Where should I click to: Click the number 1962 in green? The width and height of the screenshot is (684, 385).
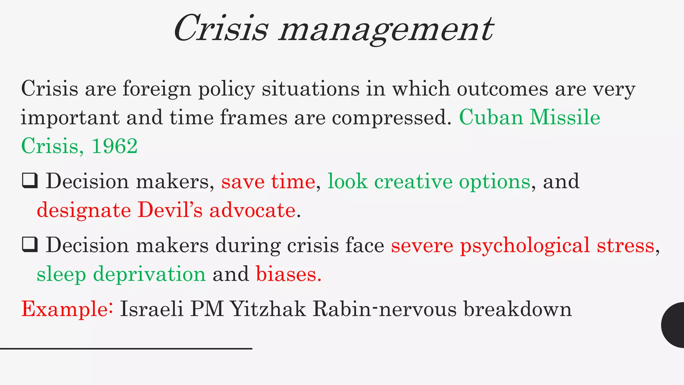[114, 146]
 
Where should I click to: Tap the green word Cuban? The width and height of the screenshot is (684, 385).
[491, 118]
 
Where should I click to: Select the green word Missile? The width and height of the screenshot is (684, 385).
[565, 118]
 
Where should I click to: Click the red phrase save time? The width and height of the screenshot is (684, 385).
[268, 181]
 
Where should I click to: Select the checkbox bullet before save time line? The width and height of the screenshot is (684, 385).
[30, 181]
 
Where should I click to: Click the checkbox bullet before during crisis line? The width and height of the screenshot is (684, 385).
[30, 245]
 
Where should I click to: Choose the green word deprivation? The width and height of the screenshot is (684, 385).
[149, 275]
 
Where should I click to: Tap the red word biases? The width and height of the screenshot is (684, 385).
[288, 274]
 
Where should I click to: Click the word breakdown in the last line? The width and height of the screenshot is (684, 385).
[517, 309]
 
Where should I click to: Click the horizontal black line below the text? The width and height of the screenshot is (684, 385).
[126, 349]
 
